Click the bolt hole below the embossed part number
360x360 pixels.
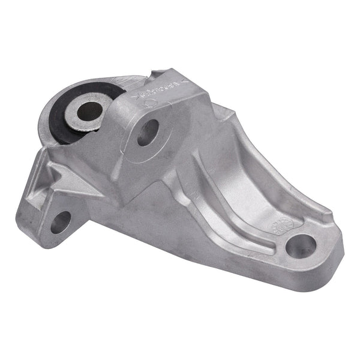tap(148, 133)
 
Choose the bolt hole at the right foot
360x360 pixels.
tap(301, 245)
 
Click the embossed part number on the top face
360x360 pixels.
tap(163, 90)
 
